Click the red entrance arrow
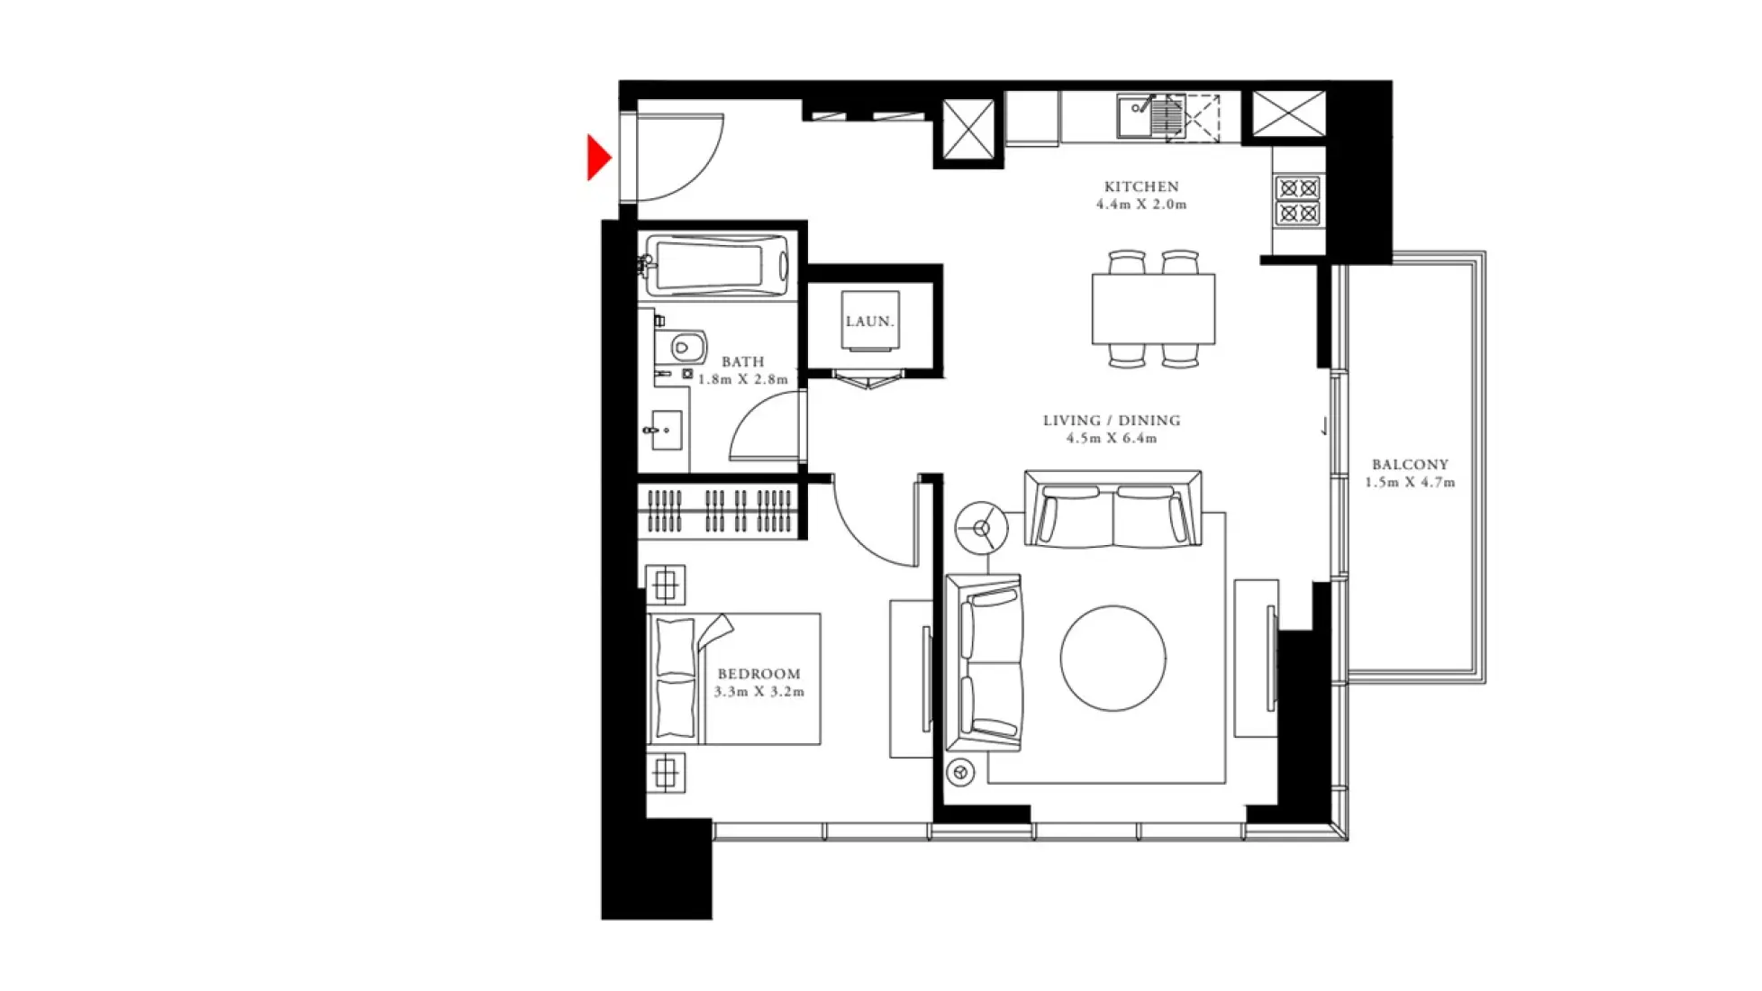(x=598, y=158)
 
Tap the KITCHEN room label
(x=1141, y=186)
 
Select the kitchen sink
(x=1136, y=117)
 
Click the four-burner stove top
(x=1298, y=201)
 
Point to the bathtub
(x=718, y=266)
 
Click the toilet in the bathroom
(x=687, y=346)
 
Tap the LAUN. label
(x=869, y=321)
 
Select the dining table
(x=1153, y=309)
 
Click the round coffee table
(x=1113, y=658)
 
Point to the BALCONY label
(x=1410, y=465)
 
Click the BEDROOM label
(x=758, y=674)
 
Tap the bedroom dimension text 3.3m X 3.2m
(x=758, y=692)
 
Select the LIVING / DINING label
(x=1112, y=421)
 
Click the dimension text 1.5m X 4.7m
(x=1410, y=483)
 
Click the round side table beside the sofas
(x=981, y=528)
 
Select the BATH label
(x=742, y=362)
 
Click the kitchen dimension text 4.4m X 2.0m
(x=1141, y=205)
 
